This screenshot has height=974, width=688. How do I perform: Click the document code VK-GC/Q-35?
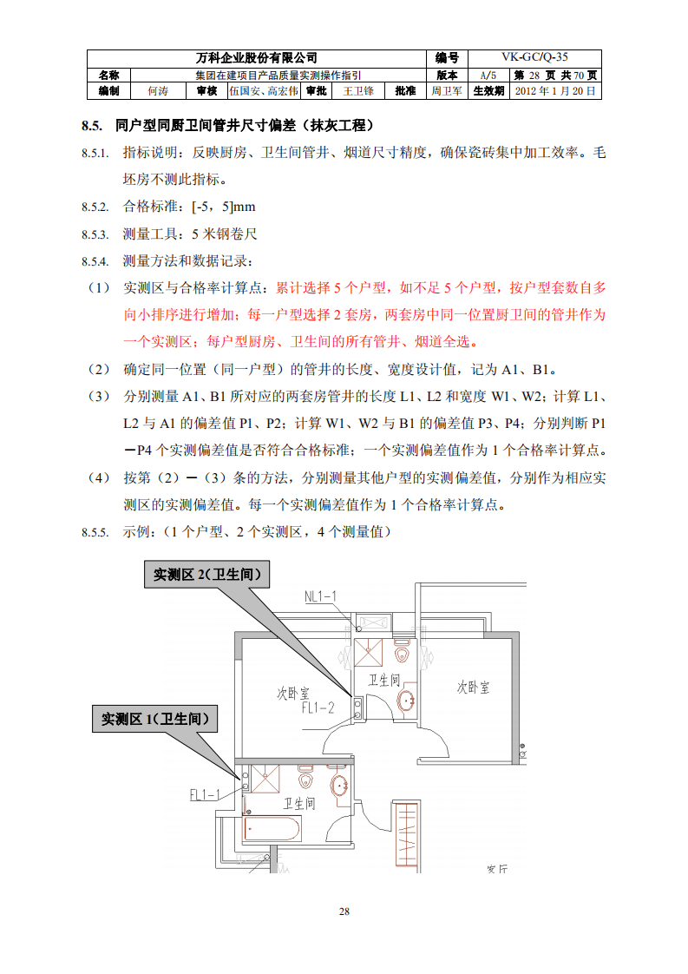click(535, 57)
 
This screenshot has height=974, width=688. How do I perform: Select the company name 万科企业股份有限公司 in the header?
click(257, 57)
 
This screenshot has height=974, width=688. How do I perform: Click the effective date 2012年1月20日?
click(555, 90)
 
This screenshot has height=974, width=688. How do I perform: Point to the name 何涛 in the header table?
click(157, 90)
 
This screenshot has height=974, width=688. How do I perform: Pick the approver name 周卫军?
click(447, 90)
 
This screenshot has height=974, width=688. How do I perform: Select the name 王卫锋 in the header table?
click(358, 90)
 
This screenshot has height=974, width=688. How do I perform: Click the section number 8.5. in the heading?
click(92, 126)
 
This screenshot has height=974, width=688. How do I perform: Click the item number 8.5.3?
click(95, 234)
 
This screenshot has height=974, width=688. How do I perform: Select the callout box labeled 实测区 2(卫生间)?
click(206, 575)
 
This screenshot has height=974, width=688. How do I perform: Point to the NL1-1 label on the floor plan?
click(320, 596)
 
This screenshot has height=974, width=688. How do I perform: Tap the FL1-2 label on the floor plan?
click(318, 707)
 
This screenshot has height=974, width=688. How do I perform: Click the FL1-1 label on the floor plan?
click(206, 793)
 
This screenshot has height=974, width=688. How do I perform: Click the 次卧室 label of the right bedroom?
click(473, 687)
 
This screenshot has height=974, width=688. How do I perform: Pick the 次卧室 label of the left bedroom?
click(292, 693)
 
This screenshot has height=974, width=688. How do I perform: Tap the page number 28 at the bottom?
click(344, 911)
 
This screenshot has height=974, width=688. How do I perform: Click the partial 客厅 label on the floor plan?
click(497, 867)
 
